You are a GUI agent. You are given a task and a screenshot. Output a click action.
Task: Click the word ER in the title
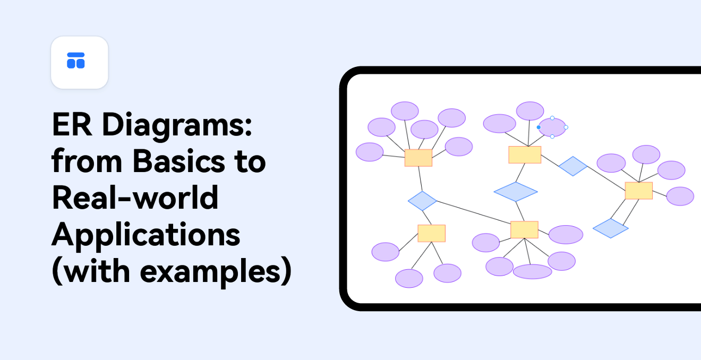coord(72,124)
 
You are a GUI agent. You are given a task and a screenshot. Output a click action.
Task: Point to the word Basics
coord(179,161)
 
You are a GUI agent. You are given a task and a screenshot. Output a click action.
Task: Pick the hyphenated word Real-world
coord(135,198)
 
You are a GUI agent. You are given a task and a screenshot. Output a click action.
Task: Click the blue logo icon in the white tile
coord(76,61)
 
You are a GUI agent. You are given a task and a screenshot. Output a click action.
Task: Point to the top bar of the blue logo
coord(76,55)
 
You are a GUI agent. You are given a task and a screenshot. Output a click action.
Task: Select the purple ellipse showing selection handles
coord(552,127)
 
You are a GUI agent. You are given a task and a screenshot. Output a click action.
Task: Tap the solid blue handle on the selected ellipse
coord(538,127)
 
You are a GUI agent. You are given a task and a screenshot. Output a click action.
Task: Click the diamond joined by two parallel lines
coord(611,228)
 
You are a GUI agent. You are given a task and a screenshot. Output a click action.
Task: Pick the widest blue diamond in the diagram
coord(516,192)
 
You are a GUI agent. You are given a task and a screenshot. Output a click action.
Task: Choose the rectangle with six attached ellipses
coord(418,158)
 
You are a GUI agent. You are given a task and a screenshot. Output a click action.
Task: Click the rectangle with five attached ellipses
coord(524,229)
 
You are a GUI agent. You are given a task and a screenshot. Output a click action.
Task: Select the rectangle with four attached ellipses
coord(639,191)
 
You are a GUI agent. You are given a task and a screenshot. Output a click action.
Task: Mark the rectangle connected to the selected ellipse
coord(525,155)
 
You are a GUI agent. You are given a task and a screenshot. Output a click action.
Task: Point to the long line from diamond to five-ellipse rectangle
coord(474,212)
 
